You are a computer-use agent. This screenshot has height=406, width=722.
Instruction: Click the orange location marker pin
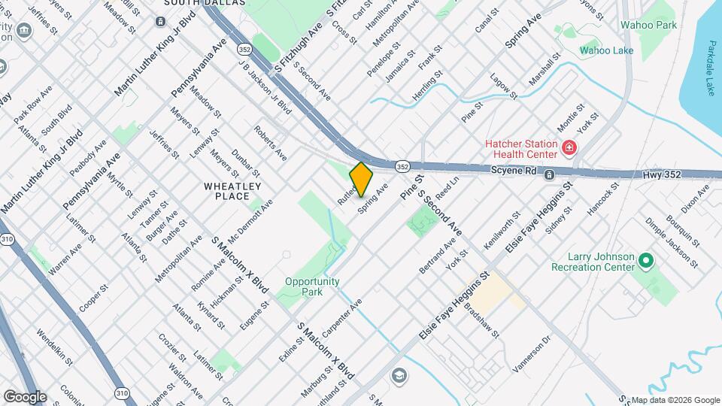(x=362, y=179)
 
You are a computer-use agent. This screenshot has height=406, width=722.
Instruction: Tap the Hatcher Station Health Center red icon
(x=569, y=147)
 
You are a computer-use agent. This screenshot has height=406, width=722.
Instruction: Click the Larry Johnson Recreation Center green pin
(x=645, y=262)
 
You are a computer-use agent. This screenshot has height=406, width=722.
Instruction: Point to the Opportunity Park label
(x=312, y=286)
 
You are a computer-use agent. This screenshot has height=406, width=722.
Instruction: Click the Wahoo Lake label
(x=606, y=50)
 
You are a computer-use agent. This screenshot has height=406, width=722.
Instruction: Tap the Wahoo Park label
(x=648, y=25)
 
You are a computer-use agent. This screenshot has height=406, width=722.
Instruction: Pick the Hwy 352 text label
(x=662, y=174)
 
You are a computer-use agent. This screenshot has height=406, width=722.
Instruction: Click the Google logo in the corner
(x=24, y=396)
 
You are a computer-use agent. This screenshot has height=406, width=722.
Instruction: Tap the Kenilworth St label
(x=502, y=232)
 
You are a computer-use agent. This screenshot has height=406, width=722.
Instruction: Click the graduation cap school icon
(x=398, y=375)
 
